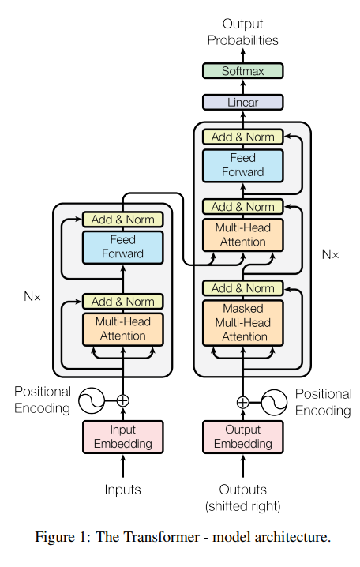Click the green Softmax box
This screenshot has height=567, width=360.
(x=242, y=71)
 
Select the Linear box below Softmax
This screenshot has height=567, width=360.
(x=242, y=102)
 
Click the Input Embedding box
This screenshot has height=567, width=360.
(x=122, y=437)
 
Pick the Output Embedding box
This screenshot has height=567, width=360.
(x=242, y=437)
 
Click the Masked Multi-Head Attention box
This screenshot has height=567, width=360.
(x=242, y=322)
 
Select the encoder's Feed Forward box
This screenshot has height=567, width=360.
(x=122, y=246)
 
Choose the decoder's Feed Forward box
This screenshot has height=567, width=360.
(x=242, y=165)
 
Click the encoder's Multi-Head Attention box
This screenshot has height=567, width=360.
(x=122, y=329)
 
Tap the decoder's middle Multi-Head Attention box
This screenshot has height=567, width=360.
(x=242, y=235)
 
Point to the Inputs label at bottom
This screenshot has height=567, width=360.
(x=122, y=490)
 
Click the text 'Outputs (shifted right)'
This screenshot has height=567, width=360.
(x=242, y=498)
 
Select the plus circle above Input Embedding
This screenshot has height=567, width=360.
(x=122, y=400)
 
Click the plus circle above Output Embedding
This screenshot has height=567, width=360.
(x=242, y=402)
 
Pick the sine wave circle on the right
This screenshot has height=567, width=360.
(x=276, y=402)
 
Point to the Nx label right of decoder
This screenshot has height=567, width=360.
(x=331, y=254)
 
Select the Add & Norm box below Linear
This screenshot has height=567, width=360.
(x=242, y=137)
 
